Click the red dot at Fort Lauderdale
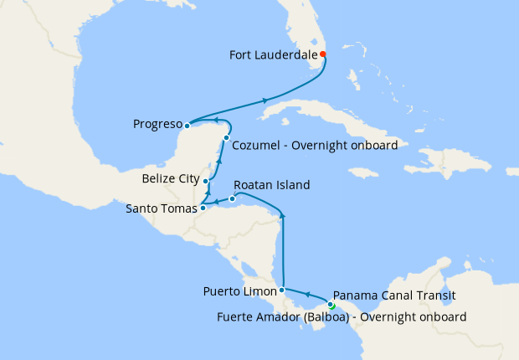pos(323,54)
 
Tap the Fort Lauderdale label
pos(274,55)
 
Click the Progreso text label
pos(157,126)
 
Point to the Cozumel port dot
pos(226,137)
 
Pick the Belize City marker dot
pos(206,181)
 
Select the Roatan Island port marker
pos(232,198)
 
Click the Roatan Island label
pos(272,185)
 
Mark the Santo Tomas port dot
pos(203,208)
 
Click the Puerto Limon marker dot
pos(282,290)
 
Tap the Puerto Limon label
pos(239,292)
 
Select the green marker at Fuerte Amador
pos(332,306)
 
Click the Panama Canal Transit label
pos(393,295)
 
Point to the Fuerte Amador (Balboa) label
pos(341,316)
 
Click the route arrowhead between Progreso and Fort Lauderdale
pos(265,100)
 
